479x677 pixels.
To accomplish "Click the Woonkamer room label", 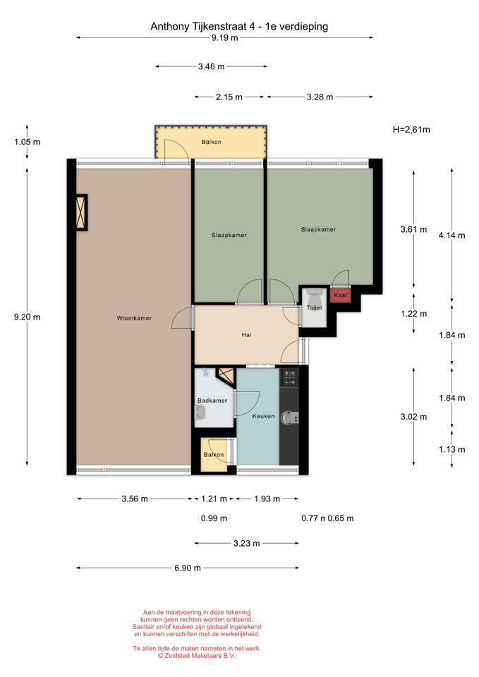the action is tap(134, 318).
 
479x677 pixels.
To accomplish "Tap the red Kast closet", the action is tap(340, 295).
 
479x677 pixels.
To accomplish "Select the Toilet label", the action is tap(315, 308).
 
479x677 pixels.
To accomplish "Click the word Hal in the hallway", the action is tap(247, 334).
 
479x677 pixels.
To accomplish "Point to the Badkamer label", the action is tap(212, 401).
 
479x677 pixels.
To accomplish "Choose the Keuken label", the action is tap(263, 416).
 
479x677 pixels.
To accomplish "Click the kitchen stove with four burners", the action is tap(290, 378).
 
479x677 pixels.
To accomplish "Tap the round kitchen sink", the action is tap(288, 417).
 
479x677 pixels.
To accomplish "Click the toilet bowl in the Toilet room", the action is tap(315, 297).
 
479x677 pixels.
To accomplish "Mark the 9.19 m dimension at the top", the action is tap(224, 37).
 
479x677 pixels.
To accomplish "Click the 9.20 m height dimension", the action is tap(28, 317).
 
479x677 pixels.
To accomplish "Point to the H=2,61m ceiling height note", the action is tap(411, 130).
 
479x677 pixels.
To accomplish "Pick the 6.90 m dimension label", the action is tap(188, 568).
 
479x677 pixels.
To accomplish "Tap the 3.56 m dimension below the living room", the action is tap(135, 499).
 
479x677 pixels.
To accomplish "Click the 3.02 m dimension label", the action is tap(414, 417).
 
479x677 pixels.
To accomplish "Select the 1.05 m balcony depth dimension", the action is tap(28, 142).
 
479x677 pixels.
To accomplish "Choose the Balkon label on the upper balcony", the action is tap(211, 142).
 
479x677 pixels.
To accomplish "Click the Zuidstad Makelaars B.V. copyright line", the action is tap(197, 655).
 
